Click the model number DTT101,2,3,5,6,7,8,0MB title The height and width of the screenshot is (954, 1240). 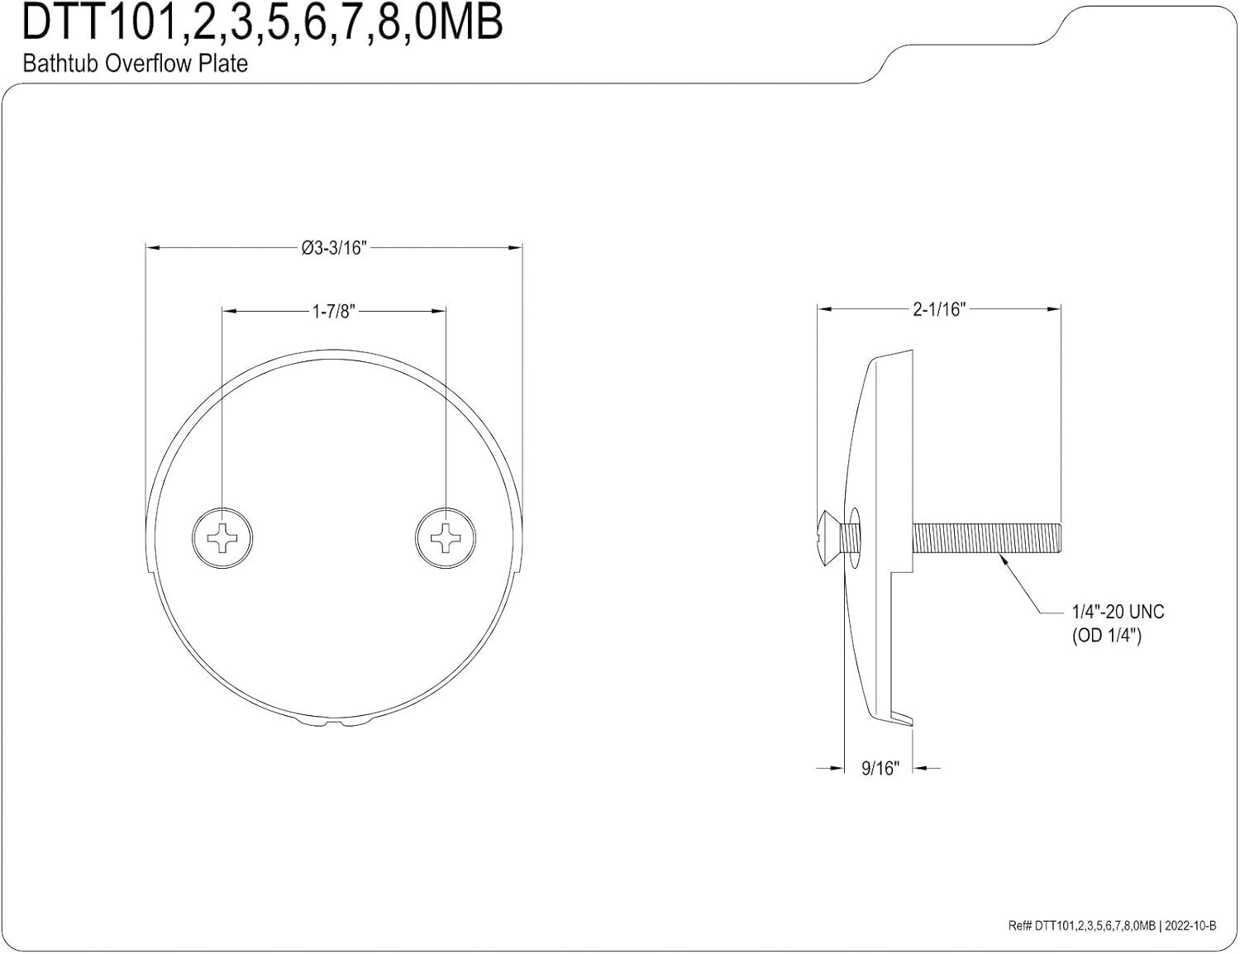[x=261, y=23]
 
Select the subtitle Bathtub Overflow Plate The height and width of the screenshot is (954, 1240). [x=135, y=64]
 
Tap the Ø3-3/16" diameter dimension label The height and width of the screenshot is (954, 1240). [x=333, y=247]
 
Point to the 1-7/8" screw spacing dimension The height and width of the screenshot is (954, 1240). [x=333, y=311]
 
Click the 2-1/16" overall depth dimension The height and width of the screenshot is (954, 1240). [x=939, y=309]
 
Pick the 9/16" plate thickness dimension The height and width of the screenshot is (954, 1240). [x=880, y=768]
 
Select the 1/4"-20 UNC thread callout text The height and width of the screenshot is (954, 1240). [x=1118, y=612]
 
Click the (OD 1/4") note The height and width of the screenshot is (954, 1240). [x=1106, y=637]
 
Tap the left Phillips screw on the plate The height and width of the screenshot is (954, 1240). [x=222, y=538]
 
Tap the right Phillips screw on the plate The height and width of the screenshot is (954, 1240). [x=446, y=538]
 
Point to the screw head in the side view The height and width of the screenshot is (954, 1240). [x=827, y=538]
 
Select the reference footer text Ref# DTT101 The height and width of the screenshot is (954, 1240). [x=1081, y=926]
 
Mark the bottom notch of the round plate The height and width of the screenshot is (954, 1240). [x=334, y=724]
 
